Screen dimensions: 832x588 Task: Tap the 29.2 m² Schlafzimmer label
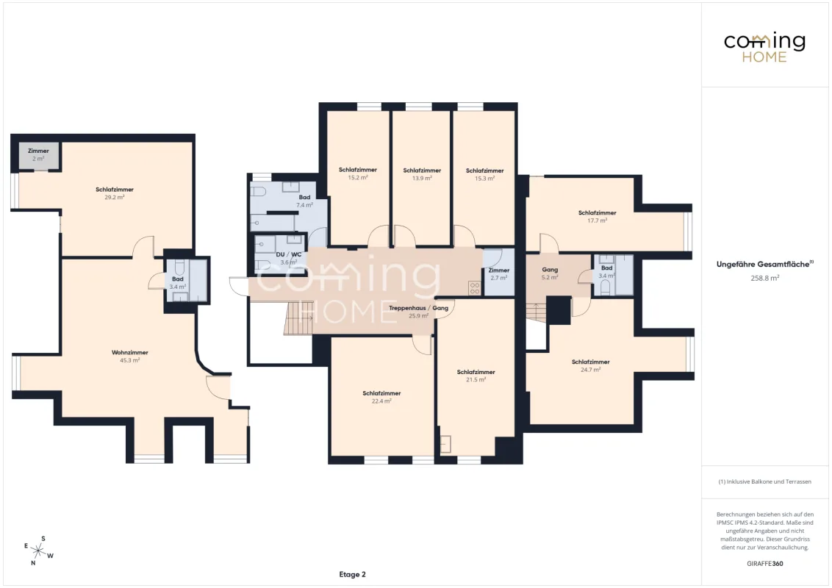tap(115, 193)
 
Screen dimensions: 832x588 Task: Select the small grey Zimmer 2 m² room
tap(38, 156)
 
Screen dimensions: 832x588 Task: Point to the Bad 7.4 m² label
tap(304, 201)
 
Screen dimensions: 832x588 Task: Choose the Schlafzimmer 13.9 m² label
tap(422, 174)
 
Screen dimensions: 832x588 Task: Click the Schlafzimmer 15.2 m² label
tap(358, 173)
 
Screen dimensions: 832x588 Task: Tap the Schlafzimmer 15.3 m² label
tap(484, 175)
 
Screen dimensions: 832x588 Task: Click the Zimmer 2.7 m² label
tap(499, 274)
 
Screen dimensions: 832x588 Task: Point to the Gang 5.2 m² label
tap(550, 273)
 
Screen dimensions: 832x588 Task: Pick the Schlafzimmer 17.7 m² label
tap(597, 217)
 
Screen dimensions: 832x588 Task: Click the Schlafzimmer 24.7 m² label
tap(591, 365)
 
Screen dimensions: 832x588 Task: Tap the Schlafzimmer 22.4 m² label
tap(381, 397)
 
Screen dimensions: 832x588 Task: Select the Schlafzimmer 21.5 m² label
tap(476, 376)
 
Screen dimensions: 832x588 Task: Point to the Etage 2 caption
tap(352, 574)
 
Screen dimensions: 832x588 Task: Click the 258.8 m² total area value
tap(764, 278)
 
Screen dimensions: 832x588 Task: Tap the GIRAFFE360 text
tap(764, 564)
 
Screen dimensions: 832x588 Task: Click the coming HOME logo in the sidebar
tap(764, 47)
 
